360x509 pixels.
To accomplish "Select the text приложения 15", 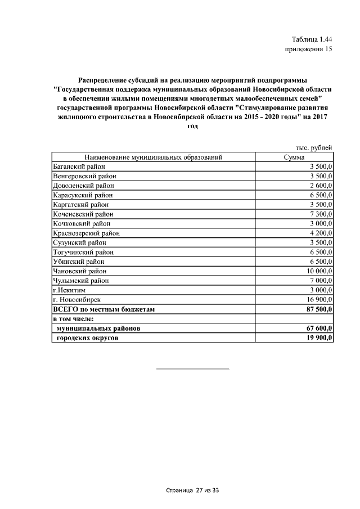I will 309,49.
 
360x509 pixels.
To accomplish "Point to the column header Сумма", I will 294,157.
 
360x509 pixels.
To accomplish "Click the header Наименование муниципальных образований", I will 154,157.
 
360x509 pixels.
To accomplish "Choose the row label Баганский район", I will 79,166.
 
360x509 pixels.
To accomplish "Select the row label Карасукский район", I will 82,195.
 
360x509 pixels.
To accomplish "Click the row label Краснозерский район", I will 85,233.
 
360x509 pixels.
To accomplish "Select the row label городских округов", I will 88,337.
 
